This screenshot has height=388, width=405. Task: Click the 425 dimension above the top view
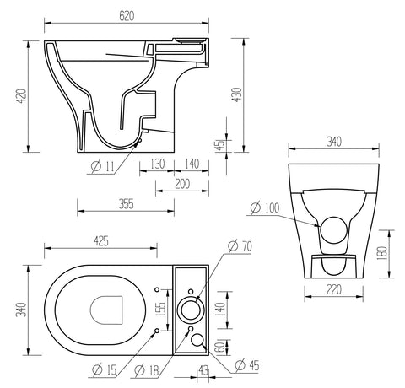point(100,242)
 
